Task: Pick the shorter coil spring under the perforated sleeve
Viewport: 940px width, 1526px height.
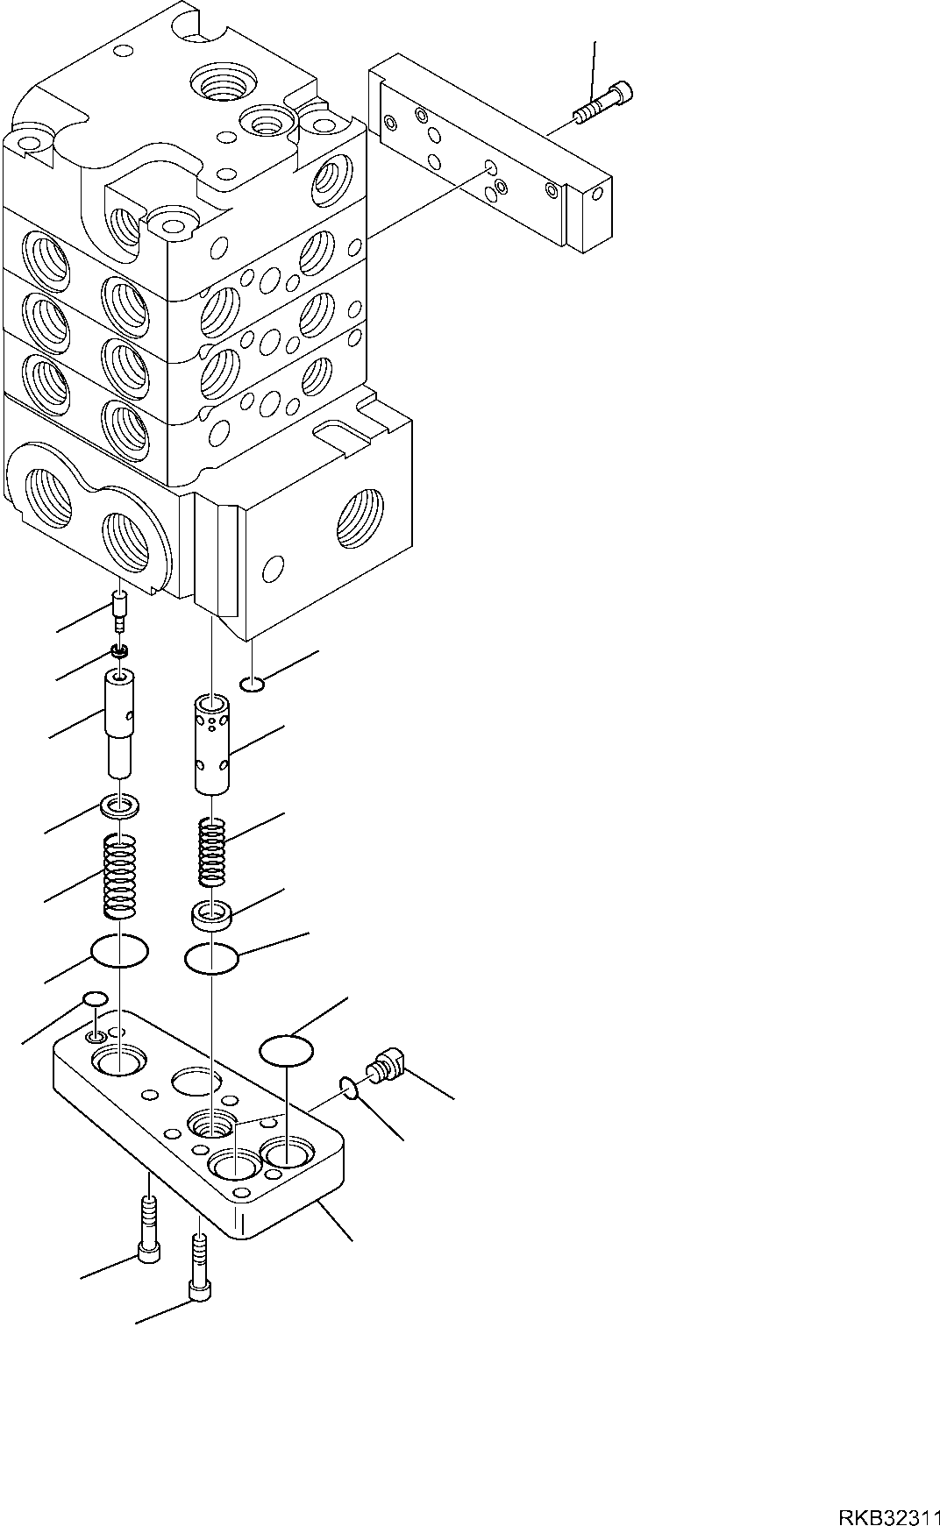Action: (210, 850)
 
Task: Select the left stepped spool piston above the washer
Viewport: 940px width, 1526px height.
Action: (119, 722)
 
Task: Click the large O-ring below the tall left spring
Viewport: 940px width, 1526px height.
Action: (119, 951)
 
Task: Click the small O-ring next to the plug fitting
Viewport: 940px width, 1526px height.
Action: (347, 1089)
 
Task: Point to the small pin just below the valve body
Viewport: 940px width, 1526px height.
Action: (121, 610)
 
